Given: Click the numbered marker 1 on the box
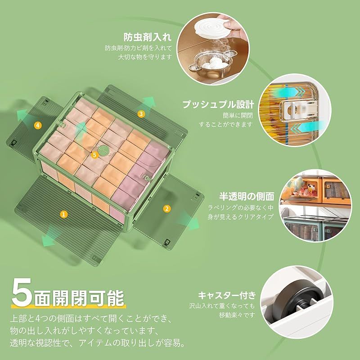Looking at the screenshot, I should point(64,214).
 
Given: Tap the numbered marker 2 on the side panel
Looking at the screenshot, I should point(166,208).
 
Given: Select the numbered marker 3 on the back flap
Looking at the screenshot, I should point(141,114).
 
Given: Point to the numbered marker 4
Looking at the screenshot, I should point(38,125).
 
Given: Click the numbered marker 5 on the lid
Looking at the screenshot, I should point(94,155).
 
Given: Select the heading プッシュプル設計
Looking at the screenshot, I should point(218,104).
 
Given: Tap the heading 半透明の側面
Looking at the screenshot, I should point(247,197).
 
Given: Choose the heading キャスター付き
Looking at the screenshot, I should point(227,295).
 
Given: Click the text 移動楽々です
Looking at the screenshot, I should point(237,315).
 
